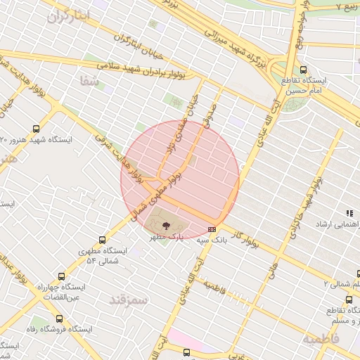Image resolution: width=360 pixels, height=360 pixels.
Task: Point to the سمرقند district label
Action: tap(129, 300)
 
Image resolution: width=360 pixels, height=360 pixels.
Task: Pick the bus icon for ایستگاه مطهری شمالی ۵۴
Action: tap(103, 240)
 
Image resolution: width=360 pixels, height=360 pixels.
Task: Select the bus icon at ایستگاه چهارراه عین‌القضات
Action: tap(61, 276)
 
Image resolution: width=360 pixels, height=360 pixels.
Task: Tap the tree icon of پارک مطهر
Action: tap(166, 226)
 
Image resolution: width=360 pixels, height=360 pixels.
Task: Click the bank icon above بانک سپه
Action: tap(212, 229)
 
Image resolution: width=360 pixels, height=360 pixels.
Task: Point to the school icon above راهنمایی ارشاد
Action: tap(349, 212)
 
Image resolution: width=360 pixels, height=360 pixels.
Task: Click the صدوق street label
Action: tap(207, 117)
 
